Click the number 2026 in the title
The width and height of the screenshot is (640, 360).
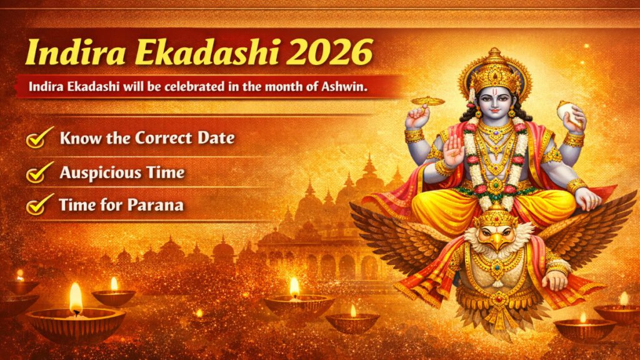click(329, 52)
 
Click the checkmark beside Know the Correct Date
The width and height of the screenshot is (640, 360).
click(39, 137)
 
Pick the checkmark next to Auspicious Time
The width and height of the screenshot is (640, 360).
click(39, 172)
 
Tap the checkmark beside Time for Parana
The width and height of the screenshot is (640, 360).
click(39, 204)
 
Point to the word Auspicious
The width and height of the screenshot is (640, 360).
click(101, 173)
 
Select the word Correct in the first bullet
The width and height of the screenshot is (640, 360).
click(163, 138)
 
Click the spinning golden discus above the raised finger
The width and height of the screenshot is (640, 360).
click(427, 101)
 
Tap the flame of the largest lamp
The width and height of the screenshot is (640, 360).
click(76, 298)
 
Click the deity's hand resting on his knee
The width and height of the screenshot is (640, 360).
click(587, 200)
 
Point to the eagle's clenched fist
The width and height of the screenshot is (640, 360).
click(555, 280)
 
